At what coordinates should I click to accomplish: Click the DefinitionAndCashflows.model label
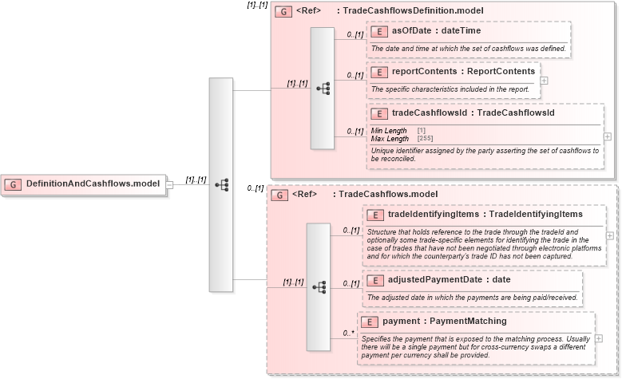pyautogui.click(x=93, y=184)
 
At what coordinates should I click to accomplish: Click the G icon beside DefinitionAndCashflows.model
pyautogui.click(x=13, y=184)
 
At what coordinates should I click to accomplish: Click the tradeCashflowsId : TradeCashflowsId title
pyautogui.click(x=473, y=113)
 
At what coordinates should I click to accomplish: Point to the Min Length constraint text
pyautogui.click(x=389, y=130)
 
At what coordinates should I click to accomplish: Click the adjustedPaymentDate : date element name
pyautogui.click(x=450, y=280)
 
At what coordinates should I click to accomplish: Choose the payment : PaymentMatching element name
pyautogui.click(x=444, y=321)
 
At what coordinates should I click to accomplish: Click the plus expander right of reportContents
pyautogui.click(x=545, y=80)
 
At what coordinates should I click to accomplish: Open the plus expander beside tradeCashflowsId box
pyautogui.click(x=608, y=136)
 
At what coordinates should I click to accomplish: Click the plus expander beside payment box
pyautogui.click(x=598, y=338)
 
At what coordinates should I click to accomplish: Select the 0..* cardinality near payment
pyautogui.click(x=348, y=333)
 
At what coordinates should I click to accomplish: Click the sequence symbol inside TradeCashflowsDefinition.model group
pyautogui.click(x=323, y=89)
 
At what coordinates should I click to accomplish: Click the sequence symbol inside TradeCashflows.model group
pyautogui.click(x=319, y=286)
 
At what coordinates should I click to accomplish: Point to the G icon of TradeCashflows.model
pyautogui.click(x=279, y=194)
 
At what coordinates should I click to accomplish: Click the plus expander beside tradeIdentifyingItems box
pyautogui.click(x=610, y=235)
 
